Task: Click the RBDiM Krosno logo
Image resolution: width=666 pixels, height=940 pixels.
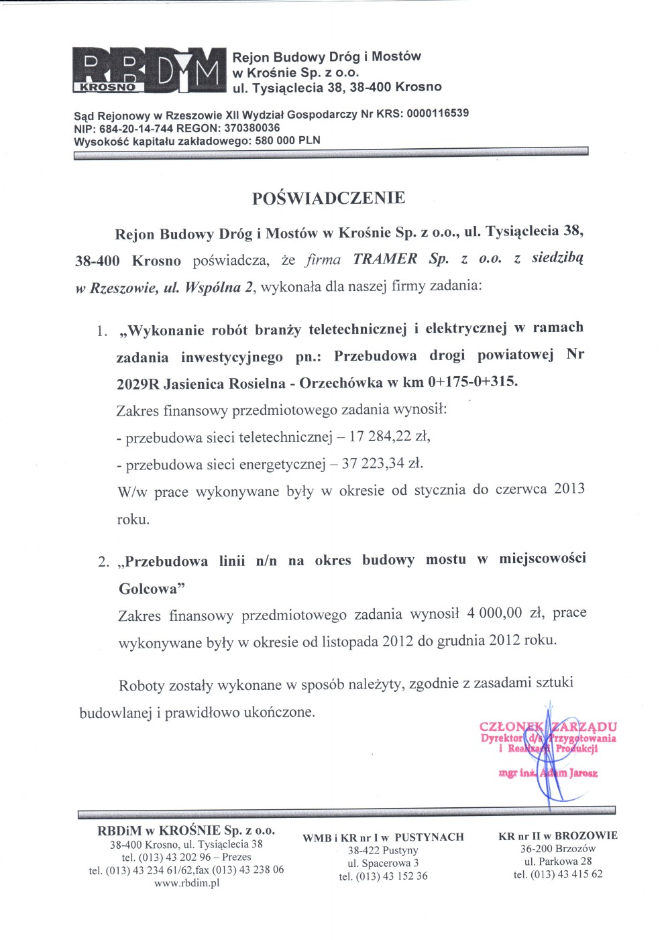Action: (148, 70)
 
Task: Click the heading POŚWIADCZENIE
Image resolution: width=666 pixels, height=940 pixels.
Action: (329, 198)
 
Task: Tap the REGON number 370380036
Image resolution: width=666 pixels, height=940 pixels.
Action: (252, 128)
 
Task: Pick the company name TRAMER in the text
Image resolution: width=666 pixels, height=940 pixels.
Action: (385, 259)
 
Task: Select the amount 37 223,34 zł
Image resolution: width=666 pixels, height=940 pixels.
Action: (382, 463)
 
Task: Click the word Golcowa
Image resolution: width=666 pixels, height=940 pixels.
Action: (151, 589)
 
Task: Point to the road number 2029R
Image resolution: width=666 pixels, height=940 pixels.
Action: (137, 384)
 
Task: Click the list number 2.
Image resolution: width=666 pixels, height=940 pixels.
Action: (103, 562)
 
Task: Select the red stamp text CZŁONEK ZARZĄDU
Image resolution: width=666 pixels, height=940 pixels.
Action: (548, 726)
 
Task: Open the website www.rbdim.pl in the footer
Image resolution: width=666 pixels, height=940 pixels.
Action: (186, 883)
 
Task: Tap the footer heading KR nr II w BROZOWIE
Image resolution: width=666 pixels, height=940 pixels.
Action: (558, 835)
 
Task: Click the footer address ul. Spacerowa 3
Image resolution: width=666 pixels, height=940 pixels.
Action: (383, 863)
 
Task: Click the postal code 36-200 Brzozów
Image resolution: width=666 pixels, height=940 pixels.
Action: (558, 848)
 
